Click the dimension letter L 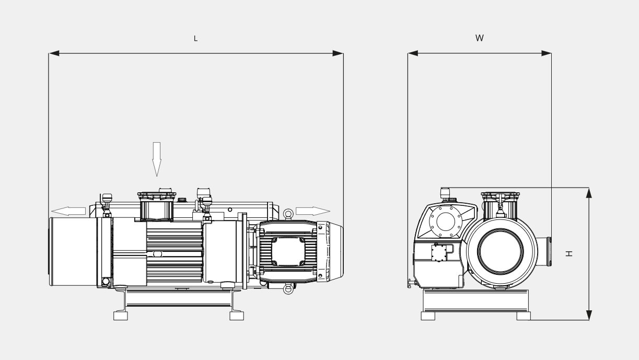(x=195, y=39)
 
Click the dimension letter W (x=480, y=38)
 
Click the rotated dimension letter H (x=569, y=253)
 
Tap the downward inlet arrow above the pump (x=157, y=159)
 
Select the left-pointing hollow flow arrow (x=68, y=211)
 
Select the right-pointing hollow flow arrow (x=313, y=211)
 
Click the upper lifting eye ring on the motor (x=288, y=214)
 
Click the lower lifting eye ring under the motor (x=288, y=289)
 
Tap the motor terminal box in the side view (x=288, y=251)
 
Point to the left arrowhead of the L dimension (x=54, y=53)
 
